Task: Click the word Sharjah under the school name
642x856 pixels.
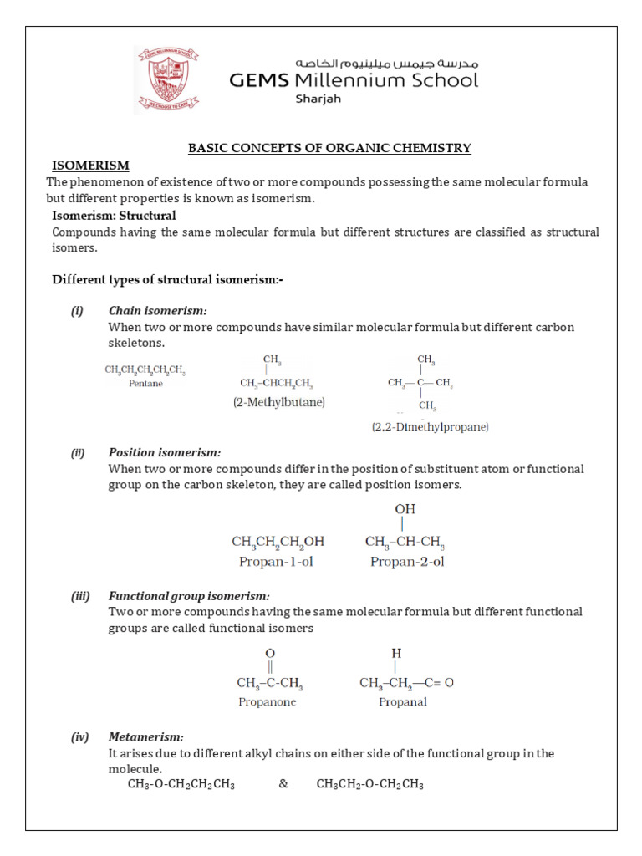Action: point(318,99)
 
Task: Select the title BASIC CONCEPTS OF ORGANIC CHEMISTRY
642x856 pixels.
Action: point(329,148)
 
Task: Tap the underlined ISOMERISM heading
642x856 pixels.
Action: point(90,165)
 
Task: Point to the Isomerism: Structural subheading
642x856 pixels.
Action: point(114,216)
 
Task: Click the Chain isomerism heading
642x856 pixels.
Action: point(157,311)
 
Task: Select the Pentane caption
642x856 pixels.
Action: point(145,384)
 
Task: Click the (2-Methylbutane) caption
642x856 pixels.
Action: point(278,402)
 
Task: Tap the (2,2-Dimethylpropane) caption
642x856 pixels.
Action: point(430,426)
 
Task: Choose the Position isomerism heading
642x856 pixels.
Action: point(165,452)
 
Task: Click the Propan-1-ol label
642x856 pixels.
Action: point(278,562)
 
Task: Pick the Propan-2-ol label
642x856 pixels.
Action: point(407,562)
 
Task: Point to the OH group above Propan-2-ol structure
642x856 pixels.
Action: point(405,508)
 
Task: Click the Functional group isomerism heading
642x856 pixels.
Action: point(189,595)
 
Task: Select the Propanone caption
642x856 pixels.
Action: point(267,701)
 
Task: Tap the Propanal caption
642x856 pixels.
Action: point(402,701)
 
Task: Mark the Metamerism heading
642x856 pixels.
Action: point(145,736)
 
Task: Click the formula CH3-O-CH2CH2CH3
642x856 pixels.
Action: point(181,784)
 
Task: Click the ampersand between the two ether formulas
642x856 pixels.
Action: point(283,784)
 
